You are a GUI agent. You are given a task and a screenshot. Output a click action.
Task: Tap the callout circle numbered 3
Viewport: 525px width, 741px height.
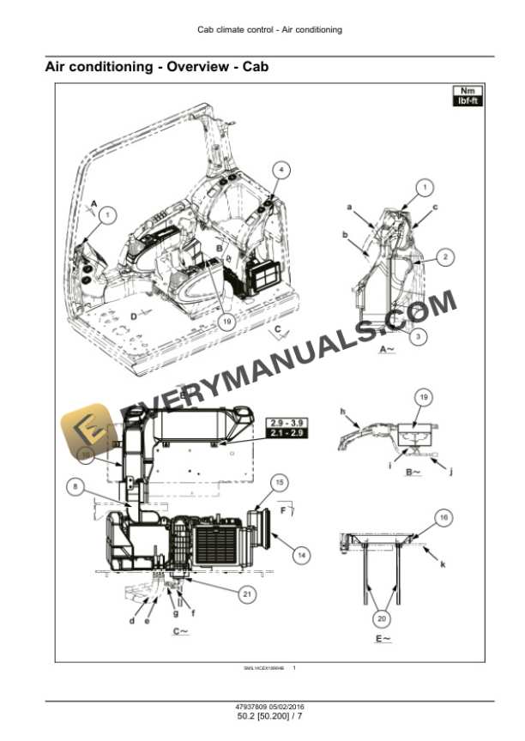[416, 337]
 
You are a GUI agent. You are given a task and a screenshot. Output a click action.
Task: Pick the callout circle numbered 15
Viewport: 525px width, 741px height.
[280, 483]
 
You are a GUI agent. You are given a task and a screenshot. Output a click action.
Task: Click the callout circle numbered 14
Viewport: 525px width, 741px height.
[299, 555]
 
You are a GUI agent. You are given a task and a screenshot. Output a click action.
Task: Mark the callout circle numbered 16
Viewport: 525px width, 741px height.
[444, 517]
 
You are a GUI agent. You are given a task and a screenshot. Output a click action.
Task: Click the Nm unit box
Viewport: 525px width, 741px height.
[466, 91]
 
